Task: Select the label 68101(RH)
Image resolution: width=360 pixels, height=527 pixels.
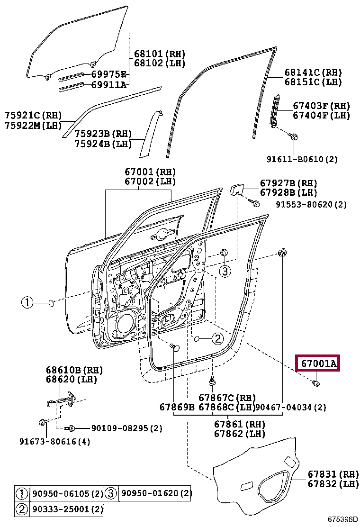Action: coord(159,54)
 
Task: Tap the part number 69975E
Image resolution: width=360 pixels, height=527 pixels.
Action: coord(109,74)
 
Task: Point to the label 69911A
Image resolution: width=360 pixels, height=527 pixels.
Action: coord(109,85)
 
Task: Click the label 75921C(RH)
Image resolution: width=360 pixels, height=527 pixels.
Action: coord(33,116)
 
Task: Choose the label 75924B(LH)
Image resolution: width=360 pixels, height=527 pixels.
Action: coord(103,144)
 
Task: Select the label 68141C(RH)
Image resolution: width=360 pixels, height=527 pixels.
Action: coord(313,73)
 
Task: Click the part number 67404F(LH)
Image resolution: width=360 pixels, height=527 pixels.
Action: coord(321,115)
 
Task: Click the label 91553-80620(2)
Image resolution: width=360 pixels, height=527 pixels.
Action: coord(311,205)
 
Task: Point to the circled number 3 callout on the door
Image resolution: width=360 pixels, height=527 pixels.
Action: coord(225,271)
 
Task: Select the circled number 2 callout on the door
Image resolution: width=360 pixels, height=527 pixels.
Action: coord(217,338)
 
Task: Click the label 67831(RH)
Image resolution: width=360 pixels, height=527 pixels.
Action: coord(333,474)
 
